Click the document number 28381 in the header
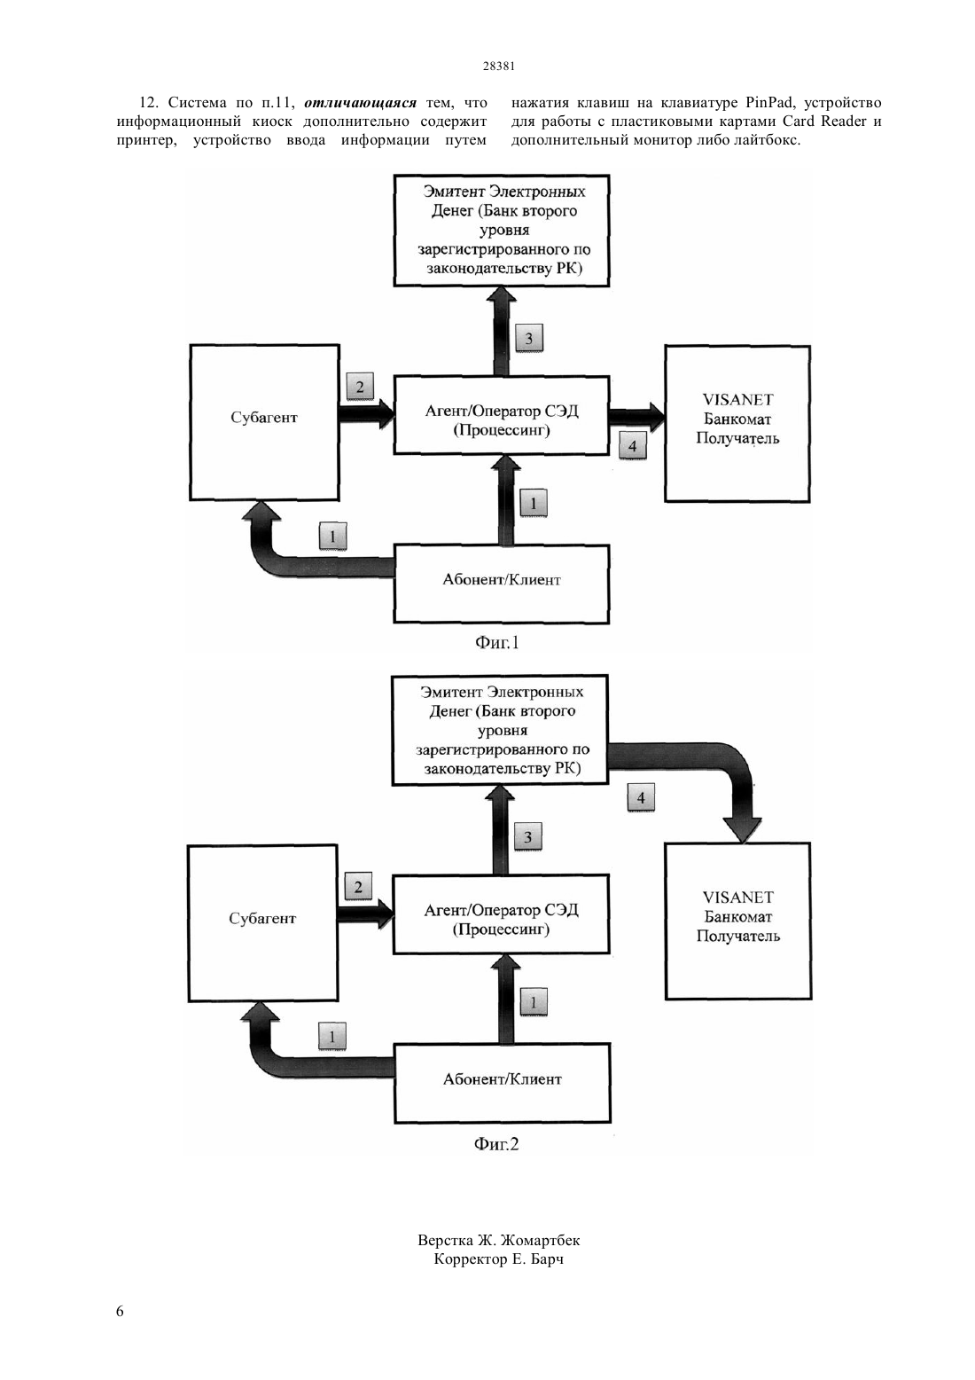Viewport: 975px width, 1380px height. (x=498, y=66)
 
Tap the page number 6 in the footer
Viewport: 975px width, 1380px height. (x=120, y=1311)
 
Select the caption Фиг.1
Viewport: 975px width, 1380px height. (x=496, y=643)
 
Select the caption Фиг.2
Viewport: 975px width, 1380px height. (x=496, y=1143)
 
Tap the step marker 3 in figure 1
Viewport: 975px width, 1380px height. (x=529, y=338)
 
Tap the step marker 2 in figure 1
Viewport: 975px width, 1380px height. (x=360, y=387)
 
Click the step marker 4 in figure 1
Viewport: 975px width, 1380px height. (x=633, y=445)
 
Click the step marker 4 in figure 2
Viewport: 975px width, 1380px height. (x=641, y=798)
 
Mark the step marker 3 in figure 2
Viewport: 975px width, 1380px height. (x=528, y=837)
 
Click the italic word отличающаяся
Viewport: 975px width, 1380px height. (x=360, y=102)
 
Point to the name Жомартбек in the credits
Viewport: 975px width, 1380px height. (x=540, y=1240)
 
